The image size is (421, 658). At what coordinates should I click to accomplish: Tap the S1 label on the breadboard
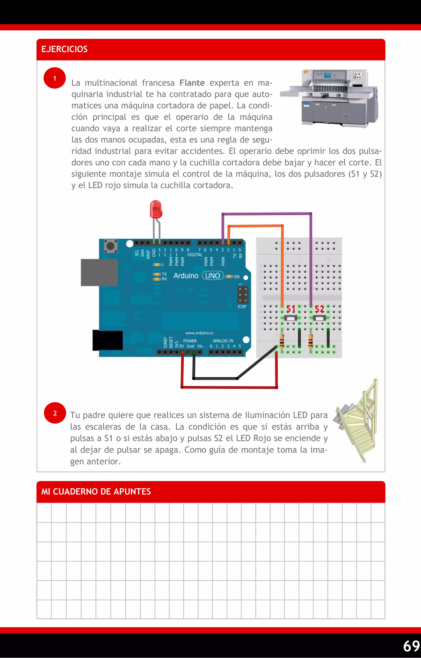pyautogui.click(x=291, y=309)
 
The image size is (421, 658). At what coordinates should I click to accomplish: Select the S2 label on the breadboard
pyautogui.click(x=319, y=309)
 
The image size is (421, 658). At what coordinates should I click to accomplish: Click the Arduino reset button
pyautogui.click(x=111, y=246)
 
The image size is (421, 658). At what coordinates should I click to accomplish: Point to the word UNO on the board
pyautogui.click(x=213, y=276)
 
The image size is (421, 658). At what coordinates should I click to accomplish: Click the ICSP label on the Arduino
pyautogui.click(x=242, y=307)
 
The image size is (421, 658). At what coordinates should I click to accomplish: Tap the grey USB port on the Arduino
pyautogui.click(x=99, y=272)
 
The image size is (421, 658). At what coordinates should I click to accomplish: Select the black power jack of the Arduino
pyautogui.click(x=108, y=340)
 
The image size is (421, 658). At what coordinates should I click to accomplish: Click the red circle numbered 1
pyautogui.click(x=55, y=78)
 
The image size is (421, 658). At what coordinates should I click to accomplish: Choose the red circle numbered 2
pyautogui.click(x=55, y=413)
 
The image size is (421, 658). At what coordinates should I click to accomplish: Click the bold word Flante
pyautogui.click(x=192, y=83)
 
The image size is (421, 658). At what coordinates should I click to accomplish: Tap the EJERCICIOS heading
pyautogui.click(x=65, y=49)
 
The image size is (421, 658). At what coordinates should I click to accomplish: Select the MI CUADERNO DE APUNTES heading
pyautogui.click(x=96, y=491)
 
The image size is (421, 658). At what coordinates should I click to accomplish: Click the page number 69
pyautogui.click(x=411, y=646)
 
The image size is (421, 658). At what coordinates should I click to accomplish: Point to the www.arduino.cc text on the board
pyautogui.click(x=199, y=333)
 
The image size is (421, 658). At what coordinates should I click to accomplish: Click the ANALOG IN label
pyautogui.click(x=223, y=341)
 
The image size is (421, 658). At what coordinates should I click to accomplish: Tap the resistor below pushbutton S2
pyautogui.click(x=310, y=341)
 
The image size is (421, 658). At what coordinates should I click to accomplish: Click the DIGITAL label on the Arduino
pyautogui.click(x=195, y=255)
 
